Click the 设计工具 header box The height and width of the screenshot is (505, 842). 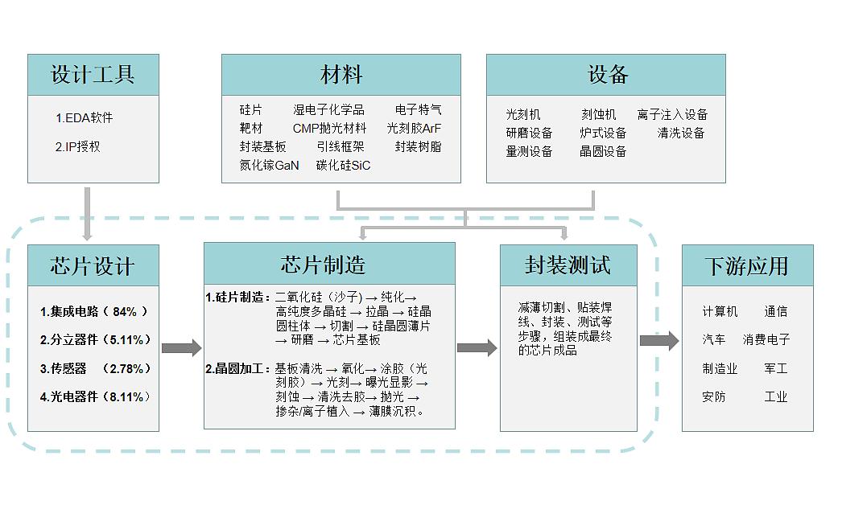click(x=93, y=76)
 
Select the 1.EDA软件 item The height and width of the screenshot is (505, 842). click(x=85, y=118)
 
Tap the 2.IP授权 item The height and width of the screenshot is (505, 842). click(x=78, y=147)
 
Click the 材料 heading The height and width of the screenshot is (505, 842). click(x=341, y=76)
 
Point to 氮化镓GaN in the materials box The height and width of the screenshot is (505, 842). click(x=269, y=166)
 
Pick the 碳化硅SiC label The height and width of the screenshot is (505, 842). click(x=343, y=166)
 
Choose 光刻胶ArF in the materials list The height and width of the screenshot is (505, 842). click(x=414, y=129)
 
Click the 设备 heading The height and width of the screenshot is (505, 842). click(x=606, y=76)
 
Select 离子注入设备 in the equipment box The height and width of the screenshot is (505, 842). click(x=672, y=115)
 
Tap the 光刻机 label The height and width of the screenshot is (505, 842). click(x=523, y=115)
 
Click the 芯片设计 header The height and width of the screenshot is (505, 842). click(x=93, y=266)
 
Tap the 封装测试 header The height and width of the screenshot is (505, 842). click(x=568, y=265)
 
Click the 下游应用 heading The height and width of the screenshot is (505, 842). click(x=747, y=266)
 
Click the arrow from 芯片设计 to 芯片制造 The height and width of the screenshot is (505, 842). click(x=181, y=348)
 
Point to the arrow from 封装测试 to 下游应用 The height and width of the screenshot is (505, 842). click(x=659, y=340)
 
